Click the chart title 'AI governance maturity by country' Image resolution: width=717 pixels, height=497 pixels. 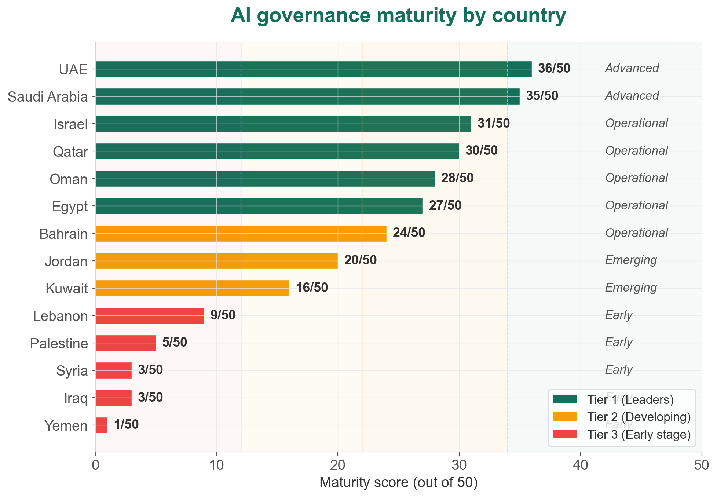click(x=398, y=17)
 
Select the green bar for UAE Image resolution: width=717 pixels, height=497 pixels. click(x=313, y=69)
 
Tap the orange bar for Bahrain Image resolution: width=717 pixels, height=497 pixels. click(x=241, y=233)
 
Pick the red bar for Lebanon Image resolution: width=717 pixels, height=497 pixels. click(x=150, y=315)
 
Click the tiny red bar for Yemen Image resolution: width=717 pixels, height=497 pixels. click(x=102, y=425)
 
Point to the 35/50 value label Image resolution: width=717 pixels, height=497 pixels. click(x=542, y=96)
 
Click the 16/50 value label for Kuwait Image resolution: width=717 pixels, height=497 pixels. click(x=312, y=288)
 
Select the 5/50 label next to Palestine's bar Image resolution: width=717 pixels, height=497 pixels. click(x=175, y=343)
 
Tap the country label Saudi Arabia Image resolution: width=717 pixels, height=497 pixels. click(x=48, y=97)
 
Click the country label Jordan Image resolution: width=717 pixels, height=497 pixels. click(x=66, y=262)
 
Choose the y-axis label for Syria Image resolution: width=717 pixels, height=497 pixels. click(x=72, y=371)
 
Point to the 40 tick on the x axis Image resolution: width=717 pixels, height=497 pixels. click(x=580, y=465)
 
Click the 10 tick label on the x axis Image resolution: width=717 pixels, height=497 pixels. click(x=216, y=465)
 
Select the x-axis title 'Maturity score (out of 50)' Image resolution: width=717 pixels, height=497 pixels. click(x=398, y=483)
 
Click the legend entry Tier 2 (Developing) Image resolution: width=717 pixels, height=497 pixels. click(x=639, y=417)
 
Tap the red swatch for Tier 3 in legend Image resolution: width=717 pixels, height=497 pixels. click(x=565, y=435)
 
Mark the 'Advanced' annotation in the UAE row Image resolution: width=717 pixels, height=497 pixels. click(x=632, y=68)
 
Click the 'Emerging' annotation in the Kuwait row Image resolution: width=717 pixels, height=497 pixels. click(x=631, y=288)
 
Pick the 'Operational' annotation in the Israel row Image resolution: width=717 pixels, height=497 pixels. click(x=636, y=123)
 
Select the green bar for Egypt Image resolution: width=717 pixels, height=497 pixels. click(x=259, y=206)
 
